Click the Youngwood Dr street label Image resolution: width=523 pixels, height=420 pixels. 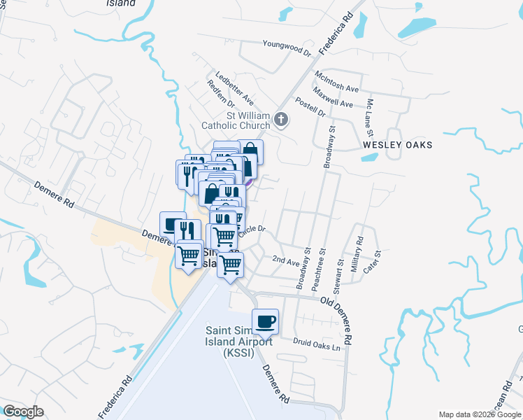[x=286, y=48]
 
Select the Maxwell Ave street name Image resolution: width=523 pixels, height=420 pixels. [x=333, y=98]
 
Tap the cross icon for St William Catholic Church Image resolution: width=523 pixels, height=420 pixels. [x=281, y=119]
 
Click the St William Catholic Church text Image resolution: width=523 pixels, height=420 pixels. [x=236, y=120]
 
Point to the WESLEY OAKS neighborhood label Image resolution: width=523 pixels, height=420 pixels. [x=397, y=145]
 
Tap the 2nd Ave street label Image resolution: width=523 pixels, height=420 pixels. [x=285, y=260]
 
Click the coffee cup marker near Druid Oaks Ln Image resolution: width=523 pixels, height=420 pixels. [x=265, y=322]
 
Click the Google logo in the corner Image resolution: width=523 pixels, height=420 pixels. [x=23, y=412]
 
